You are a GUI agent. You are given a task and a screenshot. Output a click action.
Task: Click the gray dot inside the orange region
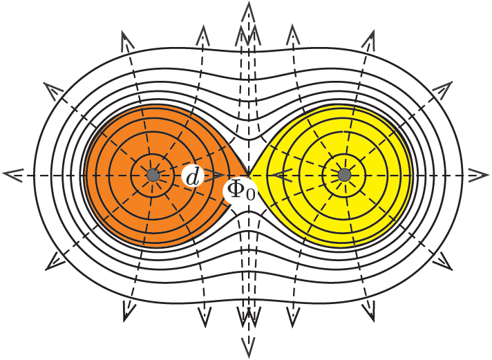tap(153, 176)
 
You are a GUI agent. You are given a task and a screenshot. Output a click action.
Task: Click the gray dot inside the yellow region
tap(343, 176)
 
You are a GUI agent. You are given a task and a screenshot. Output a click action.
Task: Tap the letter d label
tap(193, 178)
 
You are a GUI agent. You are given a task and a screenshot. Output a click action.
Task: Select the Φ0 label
tap(240, 189)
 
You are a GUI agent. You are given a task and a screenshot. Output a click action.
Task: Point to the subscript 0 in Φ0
tap(250, 195)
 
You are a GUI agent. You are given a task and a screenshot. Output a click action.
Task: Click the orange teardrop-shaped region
tap(124, 207)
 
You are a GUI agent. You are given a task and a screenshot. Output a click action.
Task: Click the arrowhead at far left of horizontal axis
tap(10, 176)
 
